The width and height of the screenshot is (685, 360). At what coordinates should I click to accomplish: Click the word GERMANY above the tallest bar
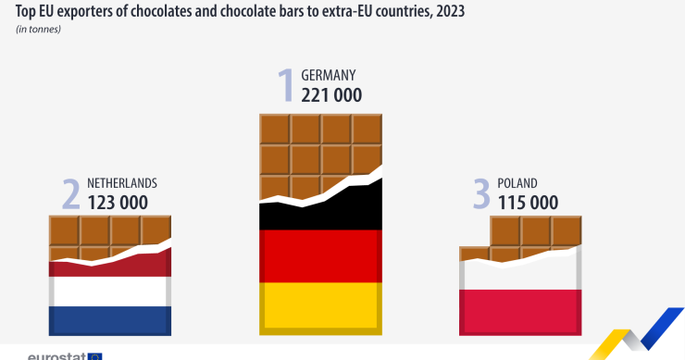point(329,75)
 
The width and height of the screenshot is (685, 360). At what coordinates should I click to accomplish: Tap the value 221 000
point(331,94)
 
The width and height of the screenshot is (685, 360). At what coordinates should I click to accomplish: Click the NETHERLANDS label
point(122,183)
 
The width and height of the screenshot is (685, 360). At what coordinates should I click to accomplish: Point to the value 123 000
point(118,202)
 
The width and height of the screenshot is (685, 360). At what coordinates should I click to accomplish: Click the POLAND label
point(517,183)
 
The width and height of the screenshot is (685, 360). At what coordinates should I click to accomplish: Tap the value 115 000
point(528,202)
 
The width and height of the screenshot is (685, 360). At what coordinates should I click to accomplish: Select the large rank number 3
point(480,193)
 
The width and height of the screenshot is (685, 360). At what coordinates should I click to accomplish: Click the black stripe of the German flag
point(320,213)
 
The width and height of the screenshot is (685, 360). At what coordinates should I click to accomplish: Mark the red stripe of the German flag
point(320,255)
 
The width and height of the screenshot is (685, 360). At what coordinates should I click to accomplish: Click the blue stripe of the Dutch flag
point(110,320)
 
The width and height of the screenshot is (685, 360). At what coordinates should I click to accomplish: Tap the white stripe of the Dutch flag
point(110,292)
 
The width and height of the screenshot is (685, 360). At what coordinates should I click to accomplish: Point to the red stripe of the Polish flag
point(520,311)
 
